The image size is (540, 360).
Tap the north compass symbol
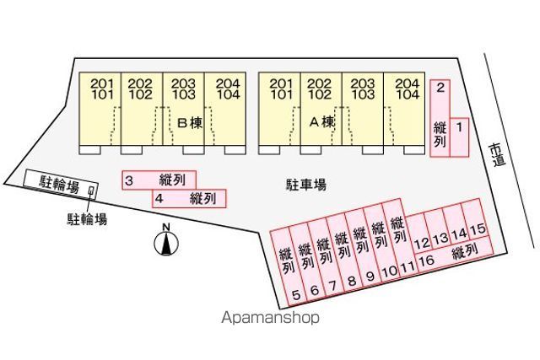(167, 243)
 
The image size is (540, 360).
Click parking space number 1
(459, 135)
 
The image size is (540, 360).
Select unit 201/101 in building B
(101, 89)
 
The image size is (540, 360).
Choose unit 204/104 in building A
(407, 89)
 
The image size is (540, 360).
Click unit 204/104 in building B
(227, 89)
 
